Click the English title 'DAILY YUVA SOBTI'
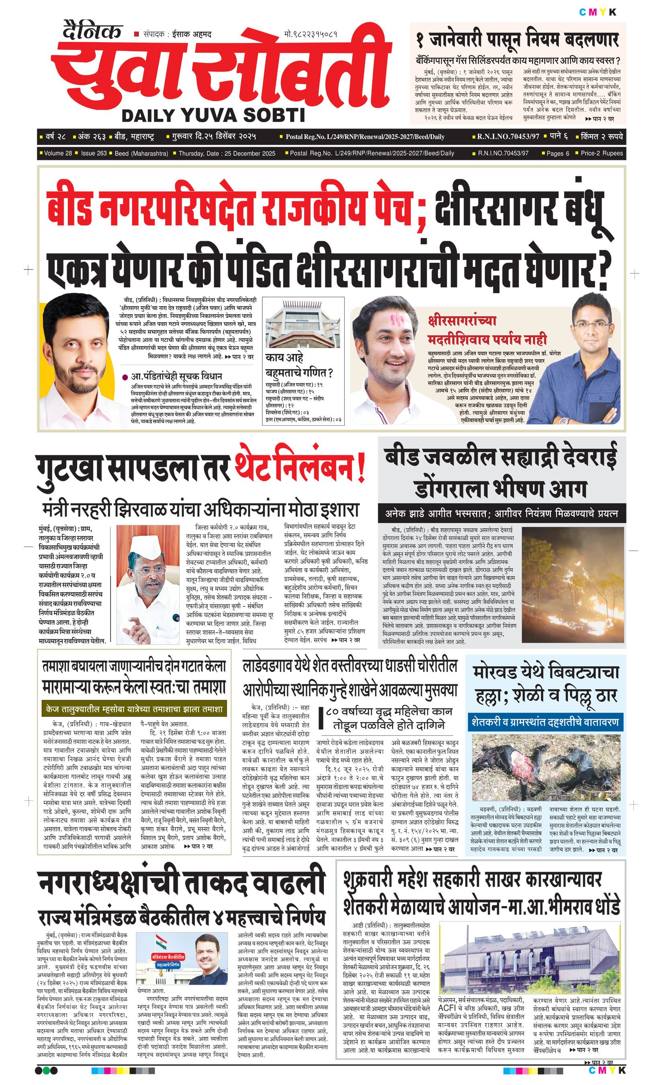click(x=213, y=115)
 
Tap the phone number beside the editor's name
click(x=311, y=34)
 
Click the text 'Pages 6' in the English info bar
click(x=558, y=153)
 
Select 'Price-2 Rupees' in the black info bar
click(x=602, y=153)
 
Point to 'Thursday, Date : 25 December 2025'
click(x=227, y=154)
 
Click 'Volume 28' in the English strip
click(x=58, y=153)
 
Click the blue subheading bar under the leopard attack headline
click(x=545, y=722)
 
